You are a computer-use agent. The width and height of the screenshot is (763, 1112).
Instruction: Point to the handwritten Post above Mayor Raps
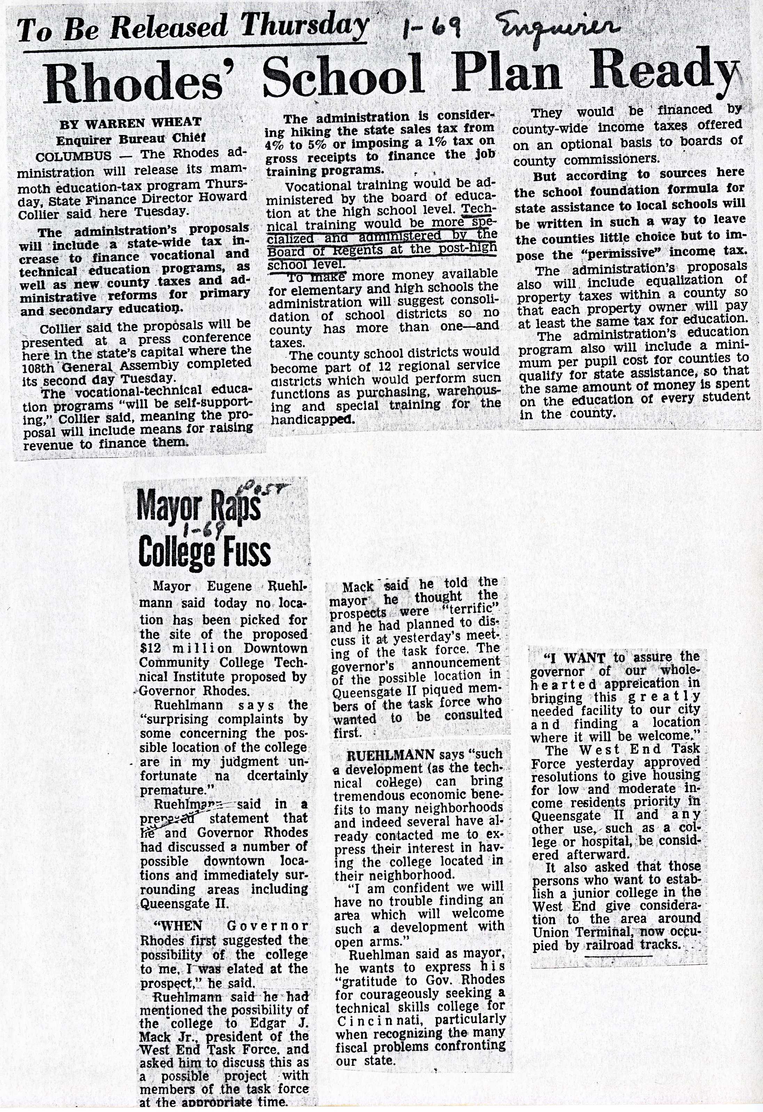[273, 489]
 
